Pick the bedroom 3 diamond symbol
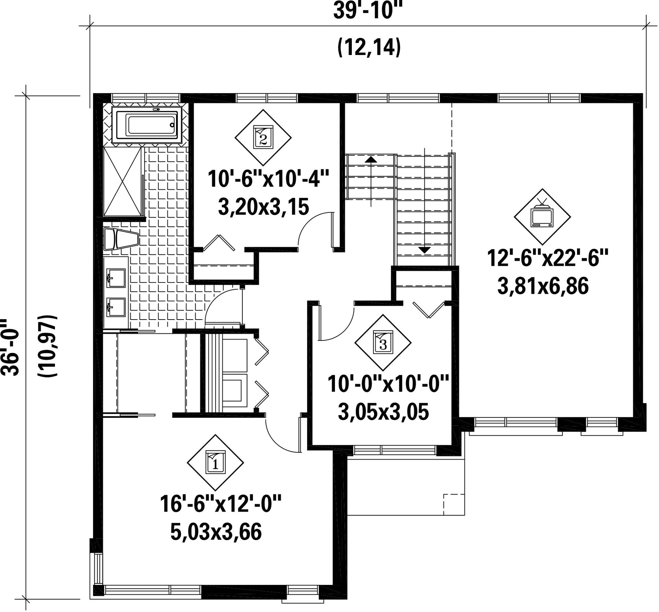click(383, 343)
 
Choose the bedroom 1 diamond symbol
click(215, 463)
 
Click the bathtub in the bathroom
click(151, 125)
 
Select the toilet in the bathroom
click(121, 239)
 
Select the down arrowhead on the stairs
click(424, 250)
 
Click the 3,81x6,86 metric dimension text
click(543, 286)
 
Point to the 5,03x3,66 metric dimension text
click(216, 532)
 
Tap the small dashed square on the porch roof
click(454, 505)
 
